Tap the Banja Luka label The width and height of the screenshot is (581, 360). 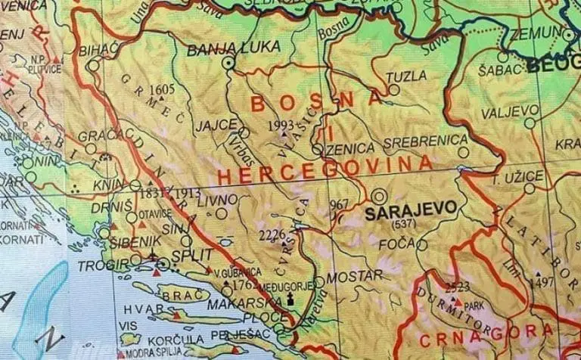222,48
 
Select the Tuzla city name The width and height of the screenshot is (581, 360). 401,76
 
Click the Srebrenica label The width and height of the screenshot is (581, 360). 426,141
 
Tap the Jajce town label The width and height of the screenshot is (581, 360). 216,125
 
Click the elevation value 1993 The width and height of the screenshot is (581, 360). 280,126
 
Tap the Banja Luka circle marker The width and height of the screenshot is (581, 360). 228,64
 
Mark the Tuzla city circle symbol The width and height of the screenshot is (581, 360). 395,89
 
